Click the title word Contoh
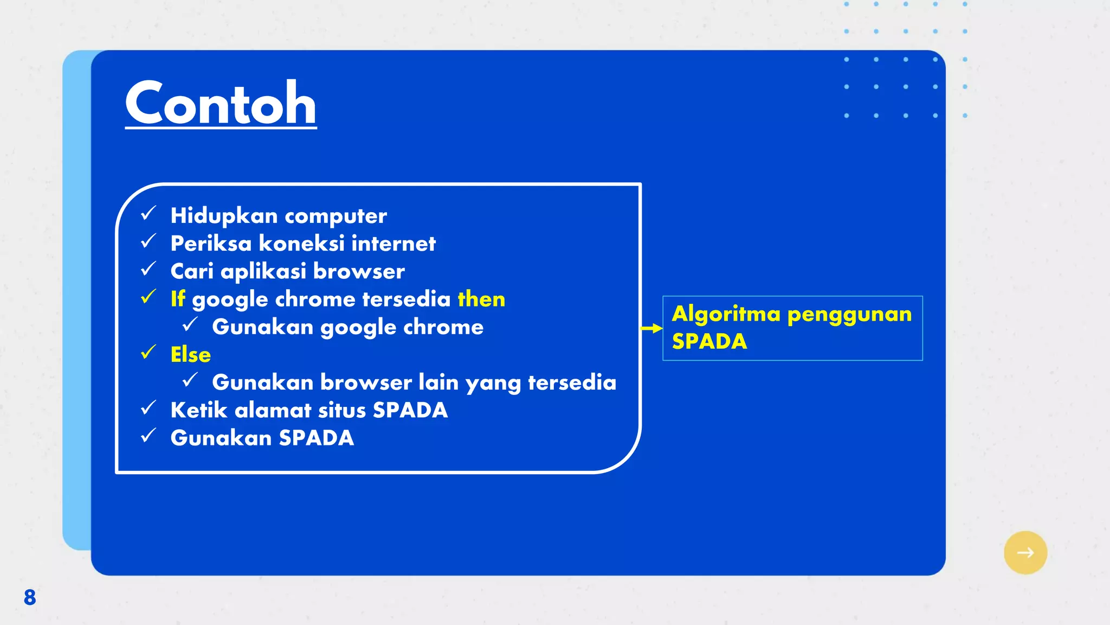(x=221, y=103)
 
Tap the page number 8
(x=30, y=597)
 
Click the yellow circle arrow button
(x=1025, y=552)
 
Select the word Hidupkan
(x=224, y=216)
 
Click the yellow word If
(x=177, y=299)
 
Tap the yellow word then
(x=481, y=299)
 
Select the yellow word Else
(x=190, y=355)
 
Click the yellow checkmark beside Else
(x=148, y=353)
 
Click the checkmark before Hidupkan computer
(x=148, y=214)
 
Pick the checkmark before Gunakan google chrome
(x=190, y=325)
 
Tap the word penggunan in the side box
(x=849, y=315)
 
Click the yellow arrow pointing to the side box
(x=651, y=328)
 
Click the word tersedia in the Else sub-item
(x=572, y=382)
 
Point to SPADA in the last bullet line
(x=316, y=438)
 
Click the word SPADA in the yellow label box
(x=709, y=342)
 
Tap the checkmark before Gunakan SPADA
(x=148, y=436)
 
